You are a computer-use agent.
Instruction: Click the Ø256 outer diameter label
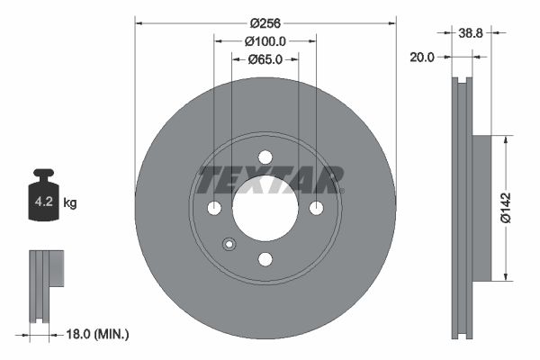pos(265,22)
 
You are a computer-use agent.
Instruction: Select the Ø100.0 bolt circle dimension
pos(265,40)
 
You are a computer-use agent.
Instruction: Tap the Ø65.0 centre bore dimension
pos(265,59)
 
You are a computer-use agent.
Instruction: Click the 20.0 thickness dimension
pos(422,56)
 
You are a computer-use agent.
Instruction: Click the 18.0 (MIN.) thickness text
pos(99,334)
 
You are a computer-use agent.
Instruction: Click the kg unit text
pos(70,203)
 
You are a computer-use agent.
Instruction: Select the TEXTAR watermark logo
pos(270,180)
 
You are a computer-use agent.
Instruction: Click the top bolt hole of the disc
pos(265,157)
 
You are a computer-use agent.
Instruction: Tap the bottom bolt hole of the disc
pos(265,259)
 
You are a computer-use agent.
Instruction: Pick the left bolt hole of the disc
pos(214,209)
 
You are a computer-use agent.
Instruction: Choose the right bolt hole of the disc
pos(316,208)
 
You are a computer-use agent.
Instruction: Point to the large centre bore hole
pos(265,209)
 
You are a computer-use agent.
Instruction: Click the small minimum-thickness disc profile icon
pos(46,283)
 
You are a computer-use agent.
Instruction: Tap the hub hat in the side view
pos(481,207)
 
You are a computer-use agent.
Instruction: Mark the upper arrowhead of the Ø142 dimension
pos(506,139)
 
